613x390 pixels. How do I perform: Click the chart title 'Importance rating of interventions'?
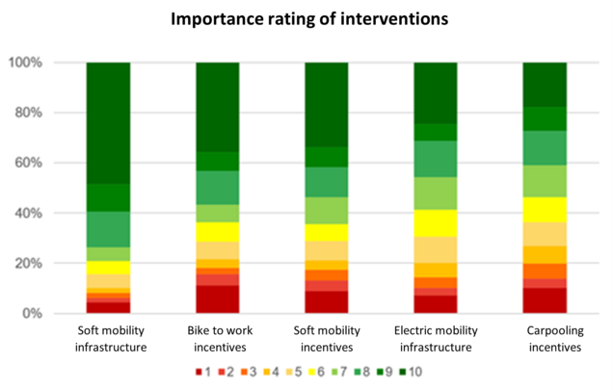pyautogui.click(x=307, y=18)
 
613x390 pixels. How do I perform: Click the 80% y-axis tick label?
pyautogui.click(x=43, y=113)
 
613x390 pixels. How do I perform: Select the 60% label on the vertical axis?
pyautogui.click(x=43, y=163)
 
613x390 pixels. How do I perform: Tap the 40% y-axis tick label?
pyautogui.click(x=43, y=213)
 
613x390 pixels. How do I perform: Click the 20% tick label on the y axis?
pyautogui.click(x=43, y=263)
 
